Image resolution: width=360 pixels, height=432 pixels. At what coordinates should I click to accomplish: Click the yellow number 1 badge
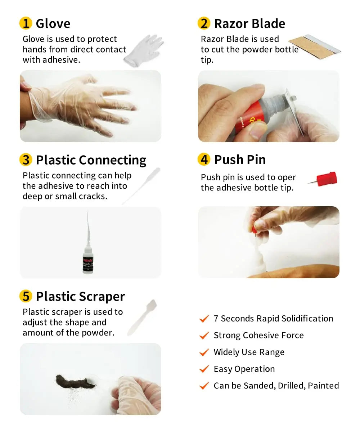[x=25, y=24]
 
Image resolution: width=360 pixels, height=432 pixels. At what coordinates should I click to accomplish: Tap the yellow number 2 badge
[x=204, y=24]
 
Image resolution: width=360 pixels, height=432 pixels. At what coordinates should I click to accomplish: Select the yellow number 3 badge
[x=25, y=160]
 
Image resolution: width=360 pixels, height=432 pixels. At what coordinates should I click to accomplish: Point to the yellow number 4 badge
[x=204, y=159]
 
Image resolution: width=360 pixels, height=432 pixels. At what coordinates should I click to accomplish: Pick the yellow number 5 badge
[x=25, y=296]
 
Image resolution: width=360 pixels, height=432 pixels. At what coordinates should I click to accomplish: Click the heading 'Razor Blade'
[x=249, y=24]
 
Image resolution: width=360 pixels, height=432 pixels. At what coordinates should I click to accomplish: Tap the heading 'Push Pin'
[x=240, y=159]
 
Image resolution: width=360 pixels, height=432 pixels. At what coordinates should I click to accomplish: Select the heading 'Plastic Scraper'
[x=80, y=296]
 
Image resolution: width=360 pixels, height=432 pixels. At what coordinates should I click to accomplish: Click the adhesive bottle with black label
[x=88, y=259]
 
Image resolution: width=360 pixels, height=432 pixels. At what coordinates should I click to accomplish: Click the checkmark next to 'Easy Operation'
[x=204, y=369]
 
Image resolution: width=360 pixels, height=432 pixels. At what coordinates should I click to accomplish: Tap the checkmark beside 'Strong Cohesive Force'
[x=204, y=336]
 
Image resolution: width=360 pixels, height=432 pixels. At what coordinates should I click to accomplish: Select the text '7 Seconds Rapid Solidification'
[x=273, y=319]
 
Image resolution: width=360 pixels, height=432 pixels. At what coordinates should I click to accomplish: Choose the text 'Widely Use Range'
[x=249, y=352]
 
